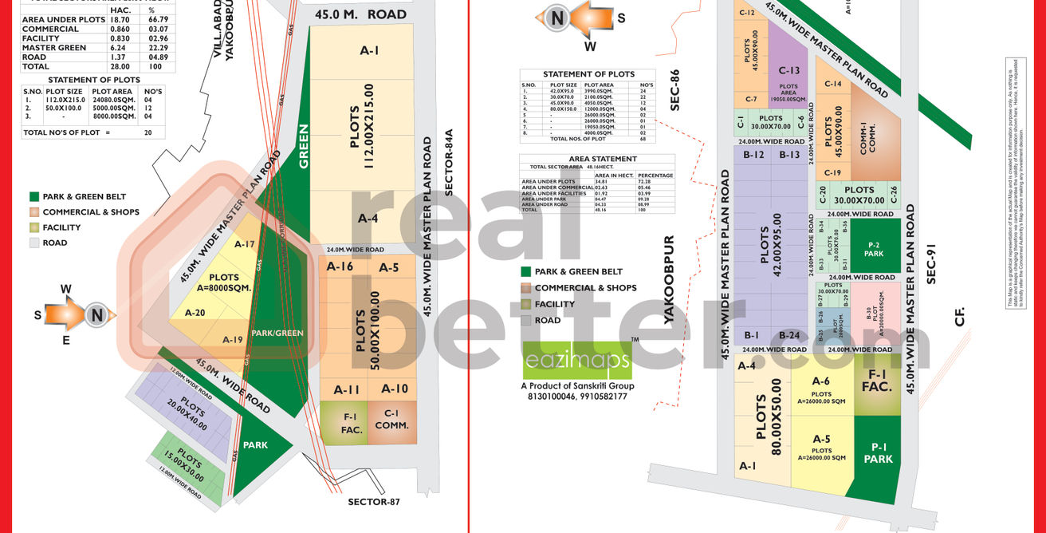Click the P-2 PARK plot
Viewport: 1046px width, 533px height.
click(874, 248)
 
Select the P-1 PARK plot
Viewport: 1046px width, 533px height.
click(878, 453)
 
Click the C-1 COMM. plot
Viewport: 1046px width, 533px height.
click(391, 420)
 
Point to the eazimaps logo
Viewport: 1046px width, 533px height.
click(577, 361)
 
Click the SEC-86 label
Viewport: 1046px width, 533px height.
click(674, 89)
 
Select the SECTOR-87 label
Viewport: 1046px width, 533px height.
click(373, 502)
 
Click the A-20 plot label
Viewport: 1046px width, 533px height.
click(195, 313)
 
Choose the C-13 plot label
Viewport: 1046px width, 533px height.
click(788, 70)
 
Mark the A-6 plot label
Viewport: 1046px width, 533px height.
click(821, 381)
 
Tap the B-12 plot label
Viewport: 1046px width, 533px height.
click(753, 154)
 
